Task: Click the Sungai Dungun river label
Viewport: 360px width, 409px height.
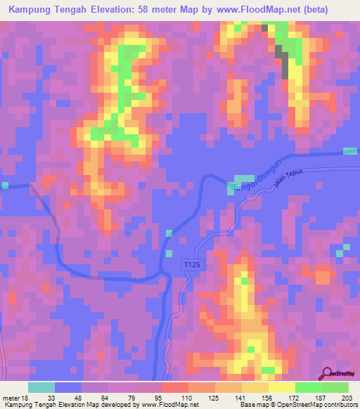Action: (x=250, y=183)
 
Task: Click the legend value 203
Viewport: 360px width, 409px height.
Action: (x=345, y=397)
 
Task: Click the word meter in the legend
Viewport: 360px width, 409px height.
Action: (x=13, y=397)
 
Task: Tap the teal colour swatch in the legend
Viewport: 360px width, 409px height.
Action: (x=41, y=387)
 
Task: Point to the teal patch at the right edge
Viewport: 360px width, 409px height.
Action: (x=349, y=151)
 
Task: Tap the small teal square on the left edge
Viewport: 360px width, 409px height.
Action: (x=5, y=185)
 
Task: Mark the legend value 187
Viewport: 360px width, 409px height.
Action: (x=320, y=397)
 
